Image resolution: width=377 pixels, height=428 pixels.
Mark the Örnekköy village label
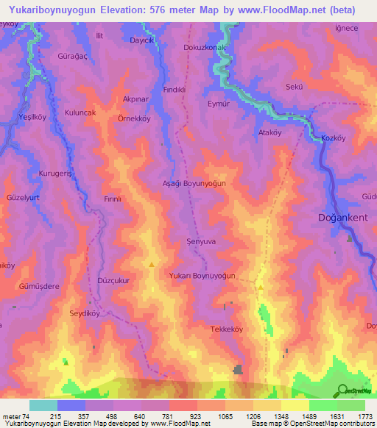(135, 118)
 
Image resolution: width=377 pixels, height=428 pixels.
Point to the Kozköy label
(334, 138)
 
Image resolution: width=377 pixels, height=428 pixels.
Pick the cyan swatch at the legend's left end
(43, 405)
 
